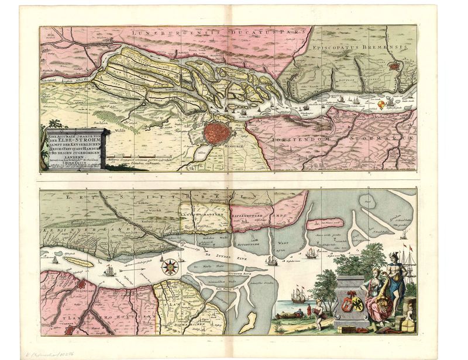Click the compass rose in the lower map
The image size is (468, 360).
[170, 266]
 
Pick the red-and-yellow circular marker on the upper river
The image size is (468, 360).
[381, 105]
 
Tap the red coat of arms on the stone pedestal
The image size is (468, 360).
[344, 303]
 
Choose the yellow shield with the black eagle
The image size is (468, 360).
[357, 304]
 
